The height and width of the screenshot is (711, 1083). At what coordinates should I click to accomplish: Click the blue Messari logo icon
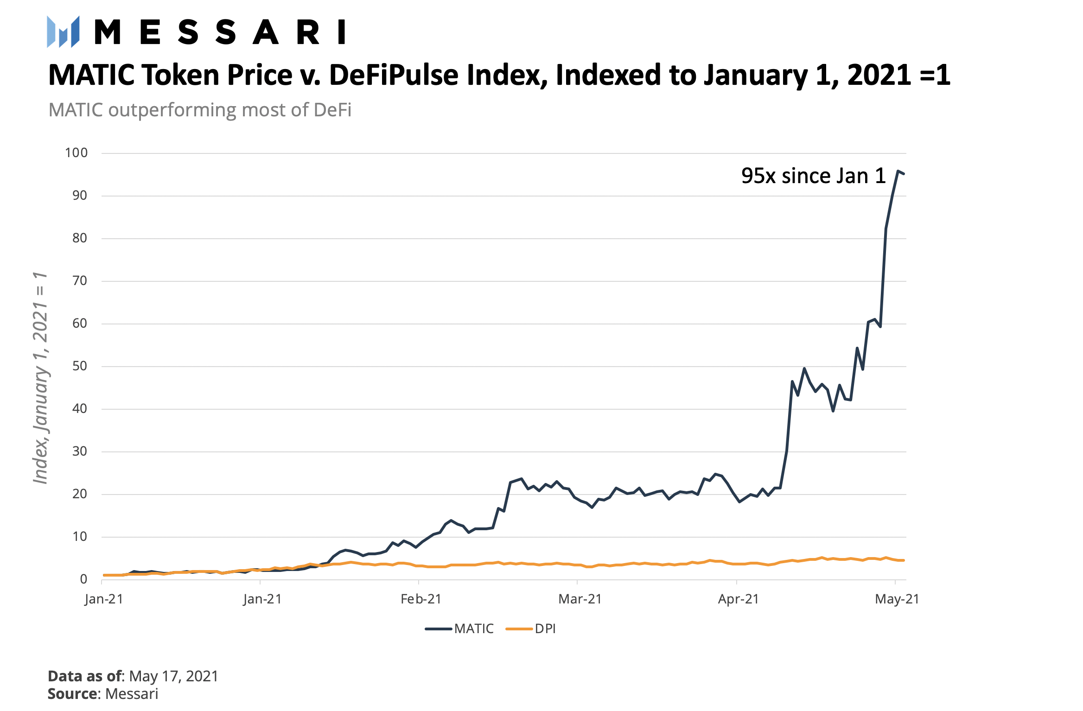click(x=63, y=32)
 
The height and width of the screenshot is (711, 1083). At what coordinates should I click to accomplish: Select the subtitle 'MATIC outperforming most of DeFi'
click(x=200, y=110)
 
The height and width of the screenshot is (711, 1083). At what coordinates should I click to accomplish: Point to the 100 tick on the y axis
click(x=76, y=153)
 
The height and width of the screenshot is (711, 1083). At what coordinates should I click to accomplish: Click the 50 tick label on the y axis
click(x=80, y=366)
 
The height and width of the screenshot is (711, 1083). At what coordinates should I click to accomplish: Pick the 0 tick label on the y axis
click(x=83, y=579)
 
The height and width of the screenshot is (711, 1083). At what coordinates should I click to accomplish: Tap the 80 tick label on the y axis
click(x=80, y=238)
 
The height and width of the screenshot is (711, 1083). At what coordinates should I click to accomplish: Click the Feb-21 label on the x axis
click(x=420, y=599)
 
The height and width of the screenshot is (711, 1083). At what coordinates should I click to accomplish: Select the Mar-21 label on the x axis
click(x=580, y=599)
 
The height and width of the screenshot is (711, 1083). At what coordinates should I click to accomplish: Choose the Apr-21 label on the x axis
click(x=738, y=599)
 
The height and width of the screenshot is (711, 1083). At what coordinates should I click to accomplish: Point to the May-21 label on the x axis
click(x=897, y=599)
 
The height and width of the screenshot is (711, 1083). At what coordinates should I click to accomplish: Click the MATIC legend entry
click(x=473, y=629)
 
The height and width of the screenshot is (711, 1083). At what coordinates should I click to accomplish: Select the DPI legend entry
click(x=545, y=629)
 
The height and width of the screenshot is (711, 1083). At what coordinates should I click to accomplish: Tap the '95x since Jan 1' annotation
click(x=813, y=176)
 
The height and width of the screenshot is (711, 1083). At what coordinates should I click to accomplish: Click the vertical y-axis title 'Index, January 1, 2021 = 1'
click(x=41, y=378)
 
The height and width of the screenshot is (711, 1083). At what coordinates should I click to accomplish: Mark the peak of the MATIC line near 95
click(x=898, y=171)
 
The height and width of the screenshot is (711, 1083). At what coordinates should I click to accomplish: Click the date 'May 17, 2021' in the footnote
click(x=173, y=676)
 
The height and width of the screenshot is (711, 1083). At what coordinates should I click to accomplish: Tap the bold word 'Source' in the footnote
click(x=73, y=694)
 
